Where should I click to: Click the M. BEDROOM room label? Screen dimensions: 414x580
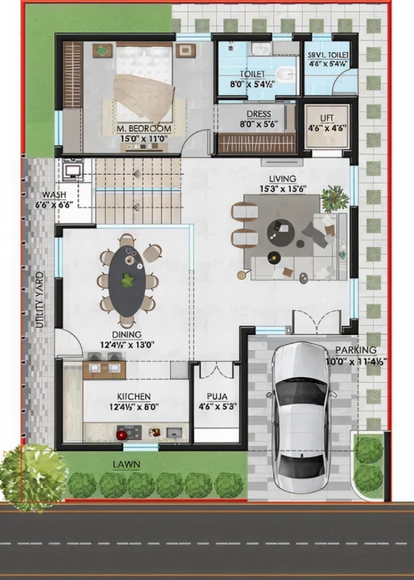tap(144, 129)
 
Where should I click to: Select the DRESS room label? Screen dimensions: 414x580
tap(259, 115)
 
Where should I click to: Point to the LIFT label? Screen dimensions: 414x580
tap(327, 118)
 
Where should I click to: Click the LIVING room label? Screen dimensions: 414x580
tap(283, 179)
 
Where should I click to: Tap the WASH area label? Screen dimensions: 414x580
tap(54, 195)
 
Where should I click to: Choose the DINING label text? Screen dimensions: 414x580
tap(127, 335)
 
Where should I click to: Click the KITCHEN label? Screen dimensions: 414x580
tap(134, 397)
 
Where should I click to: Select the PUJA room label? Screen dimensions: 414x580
tap(218, 397)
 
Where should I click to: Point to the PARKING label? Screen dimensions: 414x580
tap(356, 350)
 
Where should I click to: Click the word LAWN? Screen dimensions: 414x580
tap(127, 465)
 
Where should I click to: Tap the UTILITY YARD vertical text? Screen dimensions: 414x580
tap(40, 299)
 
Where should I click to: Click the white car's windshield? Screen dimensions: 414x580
tap(302, 393)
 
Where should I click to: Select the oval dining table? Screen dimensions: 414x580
tap(127, 281)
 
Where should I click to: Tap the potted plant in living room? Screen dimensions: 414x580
tap(335, 198)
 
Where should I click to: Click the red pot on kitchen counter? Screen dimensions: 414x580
tap(122, 434)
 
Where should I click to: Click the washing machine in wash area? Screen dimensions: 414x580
tap(73, 170)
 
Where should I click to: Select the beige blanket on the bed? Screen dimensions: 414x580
tap(144, 97)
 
